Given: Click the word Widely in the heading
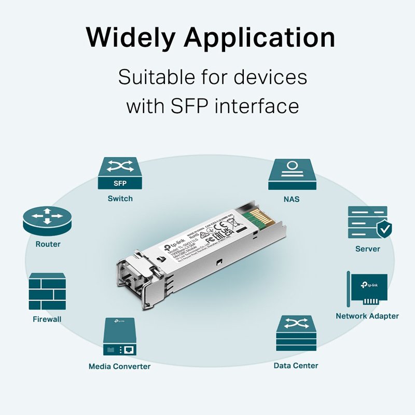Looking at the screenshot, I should tap(130, 38).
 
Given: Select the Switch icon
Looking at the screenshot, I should tap(120, 174).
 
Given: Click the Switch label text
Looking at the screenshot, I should tap(120, 198).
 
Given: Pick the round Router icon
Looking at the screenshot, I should tap(47, 220).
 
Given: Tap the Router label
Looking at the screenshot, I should tap(48, 244).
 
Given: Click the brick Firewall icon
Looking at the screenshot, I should tap(47, 291).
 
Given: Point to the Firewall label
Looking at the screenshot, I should tap(47, 319).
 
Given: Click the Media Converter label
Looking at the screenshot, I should tap(119, 366).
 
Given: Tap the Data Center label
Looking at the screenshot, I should tap(296, 366).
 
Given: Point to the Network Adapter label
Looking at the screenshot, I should tap(367, 316).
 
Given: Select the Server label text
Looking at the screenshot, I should tap(367, 249).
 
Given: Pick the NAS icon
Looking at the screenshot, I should tap(292, 174).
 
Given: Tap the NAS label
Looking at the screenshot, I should tap(292, 199).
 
